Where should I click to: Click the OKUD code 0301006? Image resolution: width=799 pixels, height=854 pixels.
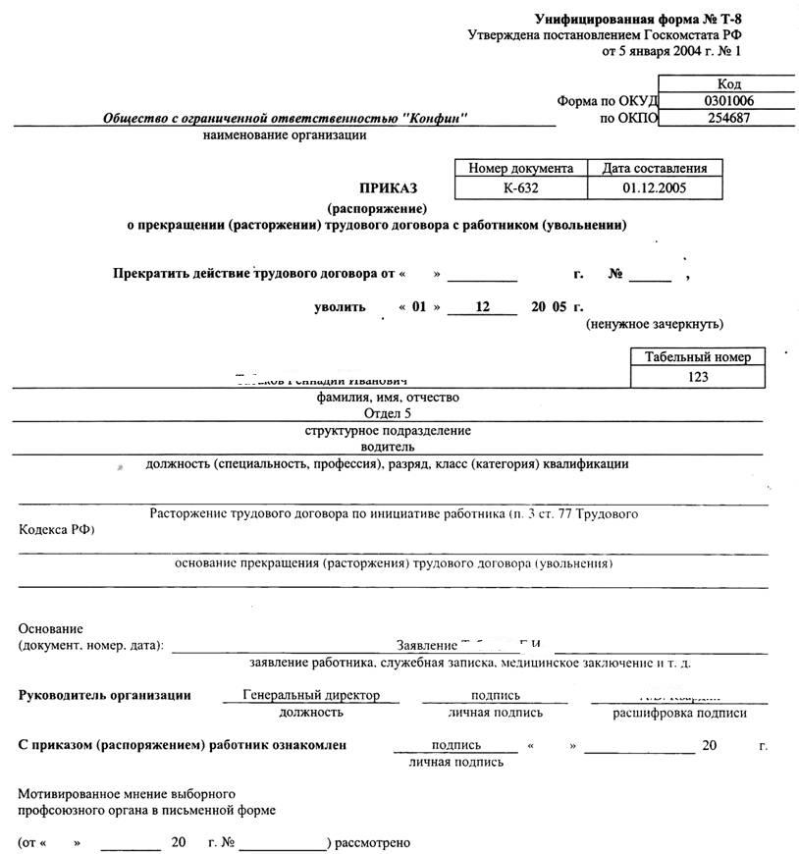point(728,101)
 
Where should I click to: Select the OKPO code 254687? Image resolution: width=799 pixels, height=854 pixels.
point(728,118)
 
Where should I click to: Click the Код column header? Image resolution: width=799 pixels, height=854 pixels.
point(728,84)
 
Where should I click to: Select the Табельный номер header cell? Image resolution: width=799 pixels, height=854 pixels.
point(698,356)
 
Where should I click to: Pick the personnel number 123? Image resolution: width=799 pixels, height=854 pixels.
point(698,376)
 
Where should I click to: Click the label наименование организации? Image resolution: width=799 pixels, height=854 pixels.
point(285,135)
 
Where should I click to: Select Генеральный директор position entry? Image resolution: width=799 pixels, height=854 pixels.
point(311,695)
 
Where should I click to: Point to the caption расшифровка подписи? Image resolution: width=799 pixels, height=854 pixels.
point(679,713)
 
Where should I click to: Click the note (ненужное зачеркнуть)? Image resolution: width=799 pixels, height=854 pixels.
point(655,323)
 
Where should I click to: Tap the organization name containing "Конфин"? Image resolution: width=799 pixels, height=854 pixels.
point(285,119)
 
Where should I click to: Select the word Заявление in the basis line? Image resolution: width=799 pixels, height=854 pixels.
point(426,646)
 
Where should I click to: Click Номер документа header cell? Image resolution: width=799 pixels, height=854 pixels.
point(520,168)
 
